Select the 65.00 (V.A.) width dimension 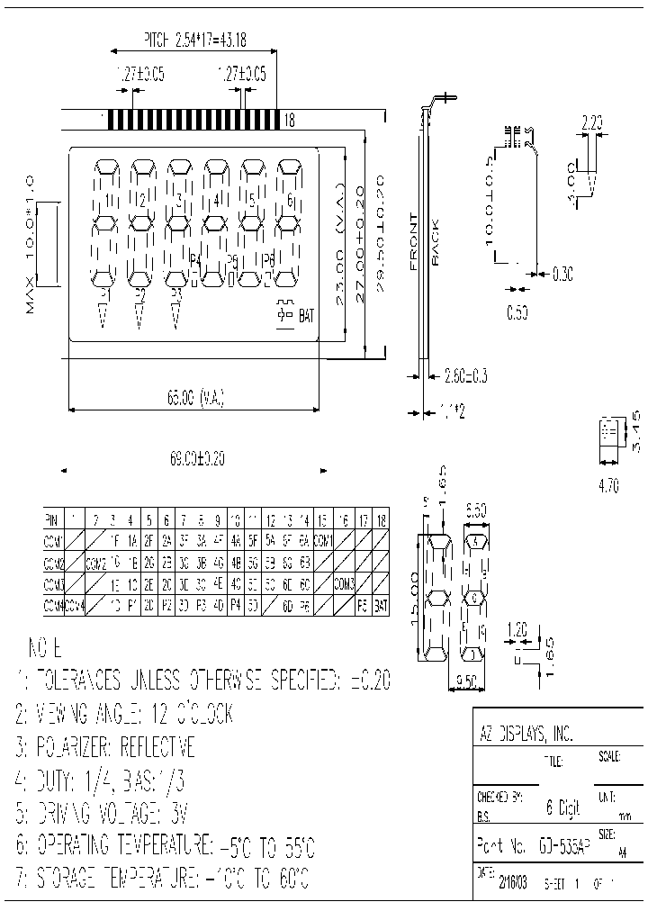point(195,395)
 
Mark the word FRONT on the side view point(413,242)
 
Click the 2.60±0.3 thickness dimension point(466,375)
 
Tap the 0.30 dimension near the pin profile point(562,271)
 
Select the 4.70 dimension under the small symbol point(608,487)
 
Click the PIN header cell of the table point(51,519)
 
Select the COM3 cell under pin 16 point(344,584)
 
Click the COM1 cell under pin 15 point(324,541)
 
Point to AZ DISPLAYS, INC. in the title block point(525,734)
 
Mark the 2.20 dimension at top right point(591,122)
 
